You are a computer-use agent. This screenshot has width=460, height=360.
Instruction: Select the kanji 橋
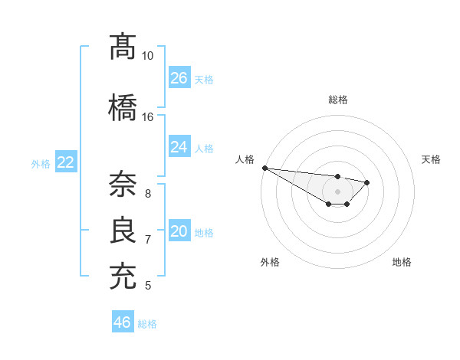pos(123,106)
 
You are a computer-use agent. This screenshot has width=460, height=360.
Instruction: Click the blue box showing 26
pos(179,78)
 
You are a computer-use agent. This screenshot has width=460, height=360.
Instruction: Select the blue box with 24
pos(179,147)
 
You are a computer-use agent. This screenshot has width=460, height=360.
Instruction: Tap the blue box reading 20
pos(179,231)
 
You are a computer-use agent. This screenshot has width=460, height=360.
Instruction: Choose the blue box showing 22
pos(66,162)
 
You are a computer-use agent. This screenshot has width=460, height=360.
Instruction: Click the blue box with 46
pos(123,322)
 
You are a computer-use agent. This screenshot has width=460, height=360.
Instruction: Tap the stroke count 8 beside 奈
pos(148,193)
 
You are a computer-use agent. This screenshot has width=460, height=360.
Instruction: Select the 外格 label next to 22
pos(41,163)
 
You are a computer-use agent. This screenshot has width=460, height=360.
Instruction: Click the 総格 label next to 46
pos(147,324)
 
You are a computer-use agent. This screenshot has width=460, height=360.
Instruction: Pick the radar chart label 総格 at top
pos(338,100)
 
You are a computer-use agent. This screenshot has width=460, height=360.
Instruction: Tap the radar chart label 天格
pos(431,159)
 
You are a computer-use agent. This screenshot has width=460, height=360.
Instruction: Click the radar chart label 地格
pos(402,262)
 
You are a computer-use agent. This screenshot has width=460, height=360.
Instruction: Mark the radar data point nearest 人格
pos(264,168)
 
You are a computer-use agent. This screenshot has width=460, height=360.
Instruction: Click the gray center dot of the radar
pos(338,191)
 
